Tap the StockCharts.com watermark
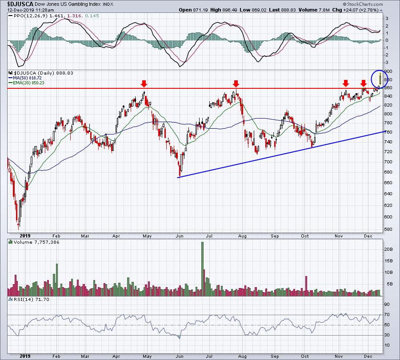pyautogui.click(x=363, y=4)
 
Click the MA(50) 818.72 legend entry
pyautogui.click(x=25, y=78)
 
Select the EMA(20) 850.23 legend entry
pyautogui.click(x=26, y=83)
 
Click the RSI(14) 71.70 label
pyautogui.click(x=29, y=299)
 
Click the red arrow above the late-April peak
pyautogui.click(x=144, y=83)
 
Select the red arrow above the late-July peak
pyautogui.click(x=236, y=83)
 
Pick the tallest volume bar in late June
pyautogui.click(x=203, y=269)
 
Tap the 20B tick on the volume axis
pyautogui.click(x=388, y=249)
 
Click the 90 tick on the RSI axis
pyautogui.click(x=387, y=304)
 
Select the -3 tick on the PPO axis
pyautogui.click(x=387, y=63)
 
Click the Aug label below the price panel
pyautogui.click(x=242, y=236)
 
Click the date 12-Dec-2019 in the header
pyautogui.click(x=19, y=10)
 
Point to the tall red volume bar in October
pyautogui.click(x=306, y=286)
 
